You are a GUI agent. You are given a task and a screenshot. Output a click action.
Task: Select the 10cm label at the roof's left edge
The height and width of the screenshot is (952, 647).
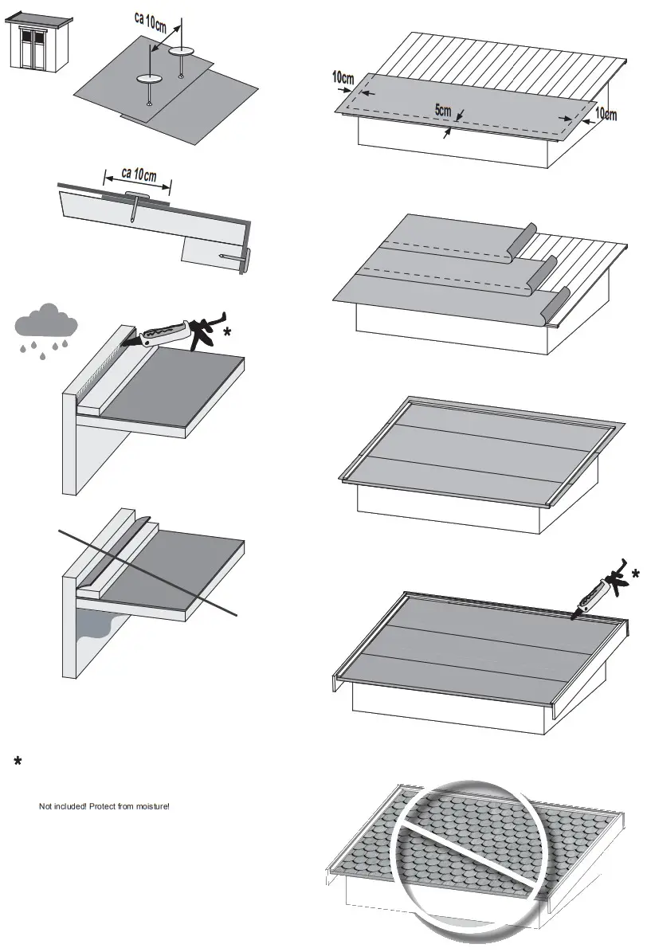pos(343,77)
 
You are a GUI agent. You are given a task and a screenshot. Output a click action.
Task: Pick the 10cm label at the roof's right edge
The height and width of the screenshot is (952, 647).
pos(605,115)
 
